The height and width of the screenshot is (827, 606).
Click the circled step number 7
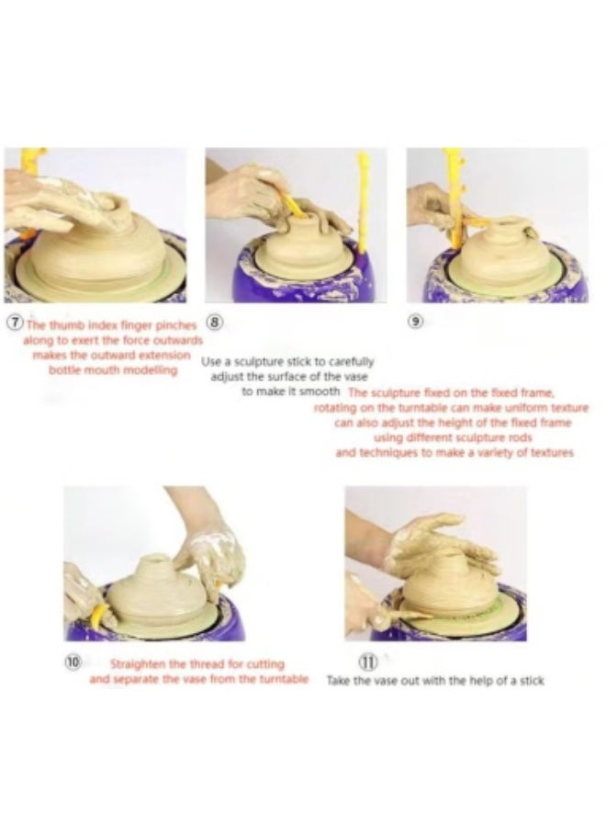tap(17, 323)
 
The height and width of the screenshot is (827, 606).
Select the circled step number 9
tap(416, 321)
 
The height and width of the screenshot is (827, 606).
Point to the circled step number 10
tap(73, 662)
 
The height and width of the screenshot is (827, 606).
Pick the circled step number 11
tap(368, 661)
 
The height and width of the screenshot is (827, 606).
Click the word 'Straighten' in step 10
tap(135, 663)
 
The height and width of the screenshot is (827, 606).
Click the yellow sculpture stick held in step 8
tap(294, 206)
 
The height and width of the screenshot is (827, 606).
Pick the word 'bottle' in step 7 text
tap(63, 369)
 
